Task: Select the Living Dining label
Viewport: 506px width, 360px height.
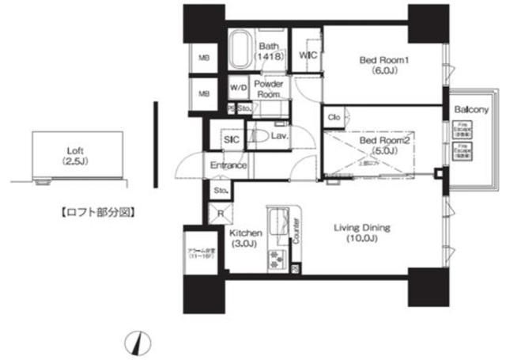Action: click(x=364, y=233)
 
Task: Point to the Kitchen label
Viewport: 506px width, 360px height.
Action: click(x=245, y=239)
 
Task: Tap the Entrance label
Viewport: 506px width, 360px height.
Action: click(x=228, y=165)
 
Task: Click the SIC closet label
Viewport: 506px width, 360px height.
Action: click(x=231, y=139)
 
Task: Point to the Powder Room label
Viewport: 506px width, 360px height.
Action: click(x=269, y=88)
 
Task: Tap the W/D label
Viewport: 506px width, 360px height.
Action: click(x=238, y=88)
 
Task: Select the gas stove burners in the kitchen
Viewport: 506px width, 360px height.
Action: click(x=278, y=257)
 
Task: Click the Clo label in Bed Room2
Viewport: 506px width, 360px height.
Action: click(x=334, y=117)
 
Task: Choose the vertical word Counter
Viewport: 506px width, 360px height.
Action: click(x=296, y=229)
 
